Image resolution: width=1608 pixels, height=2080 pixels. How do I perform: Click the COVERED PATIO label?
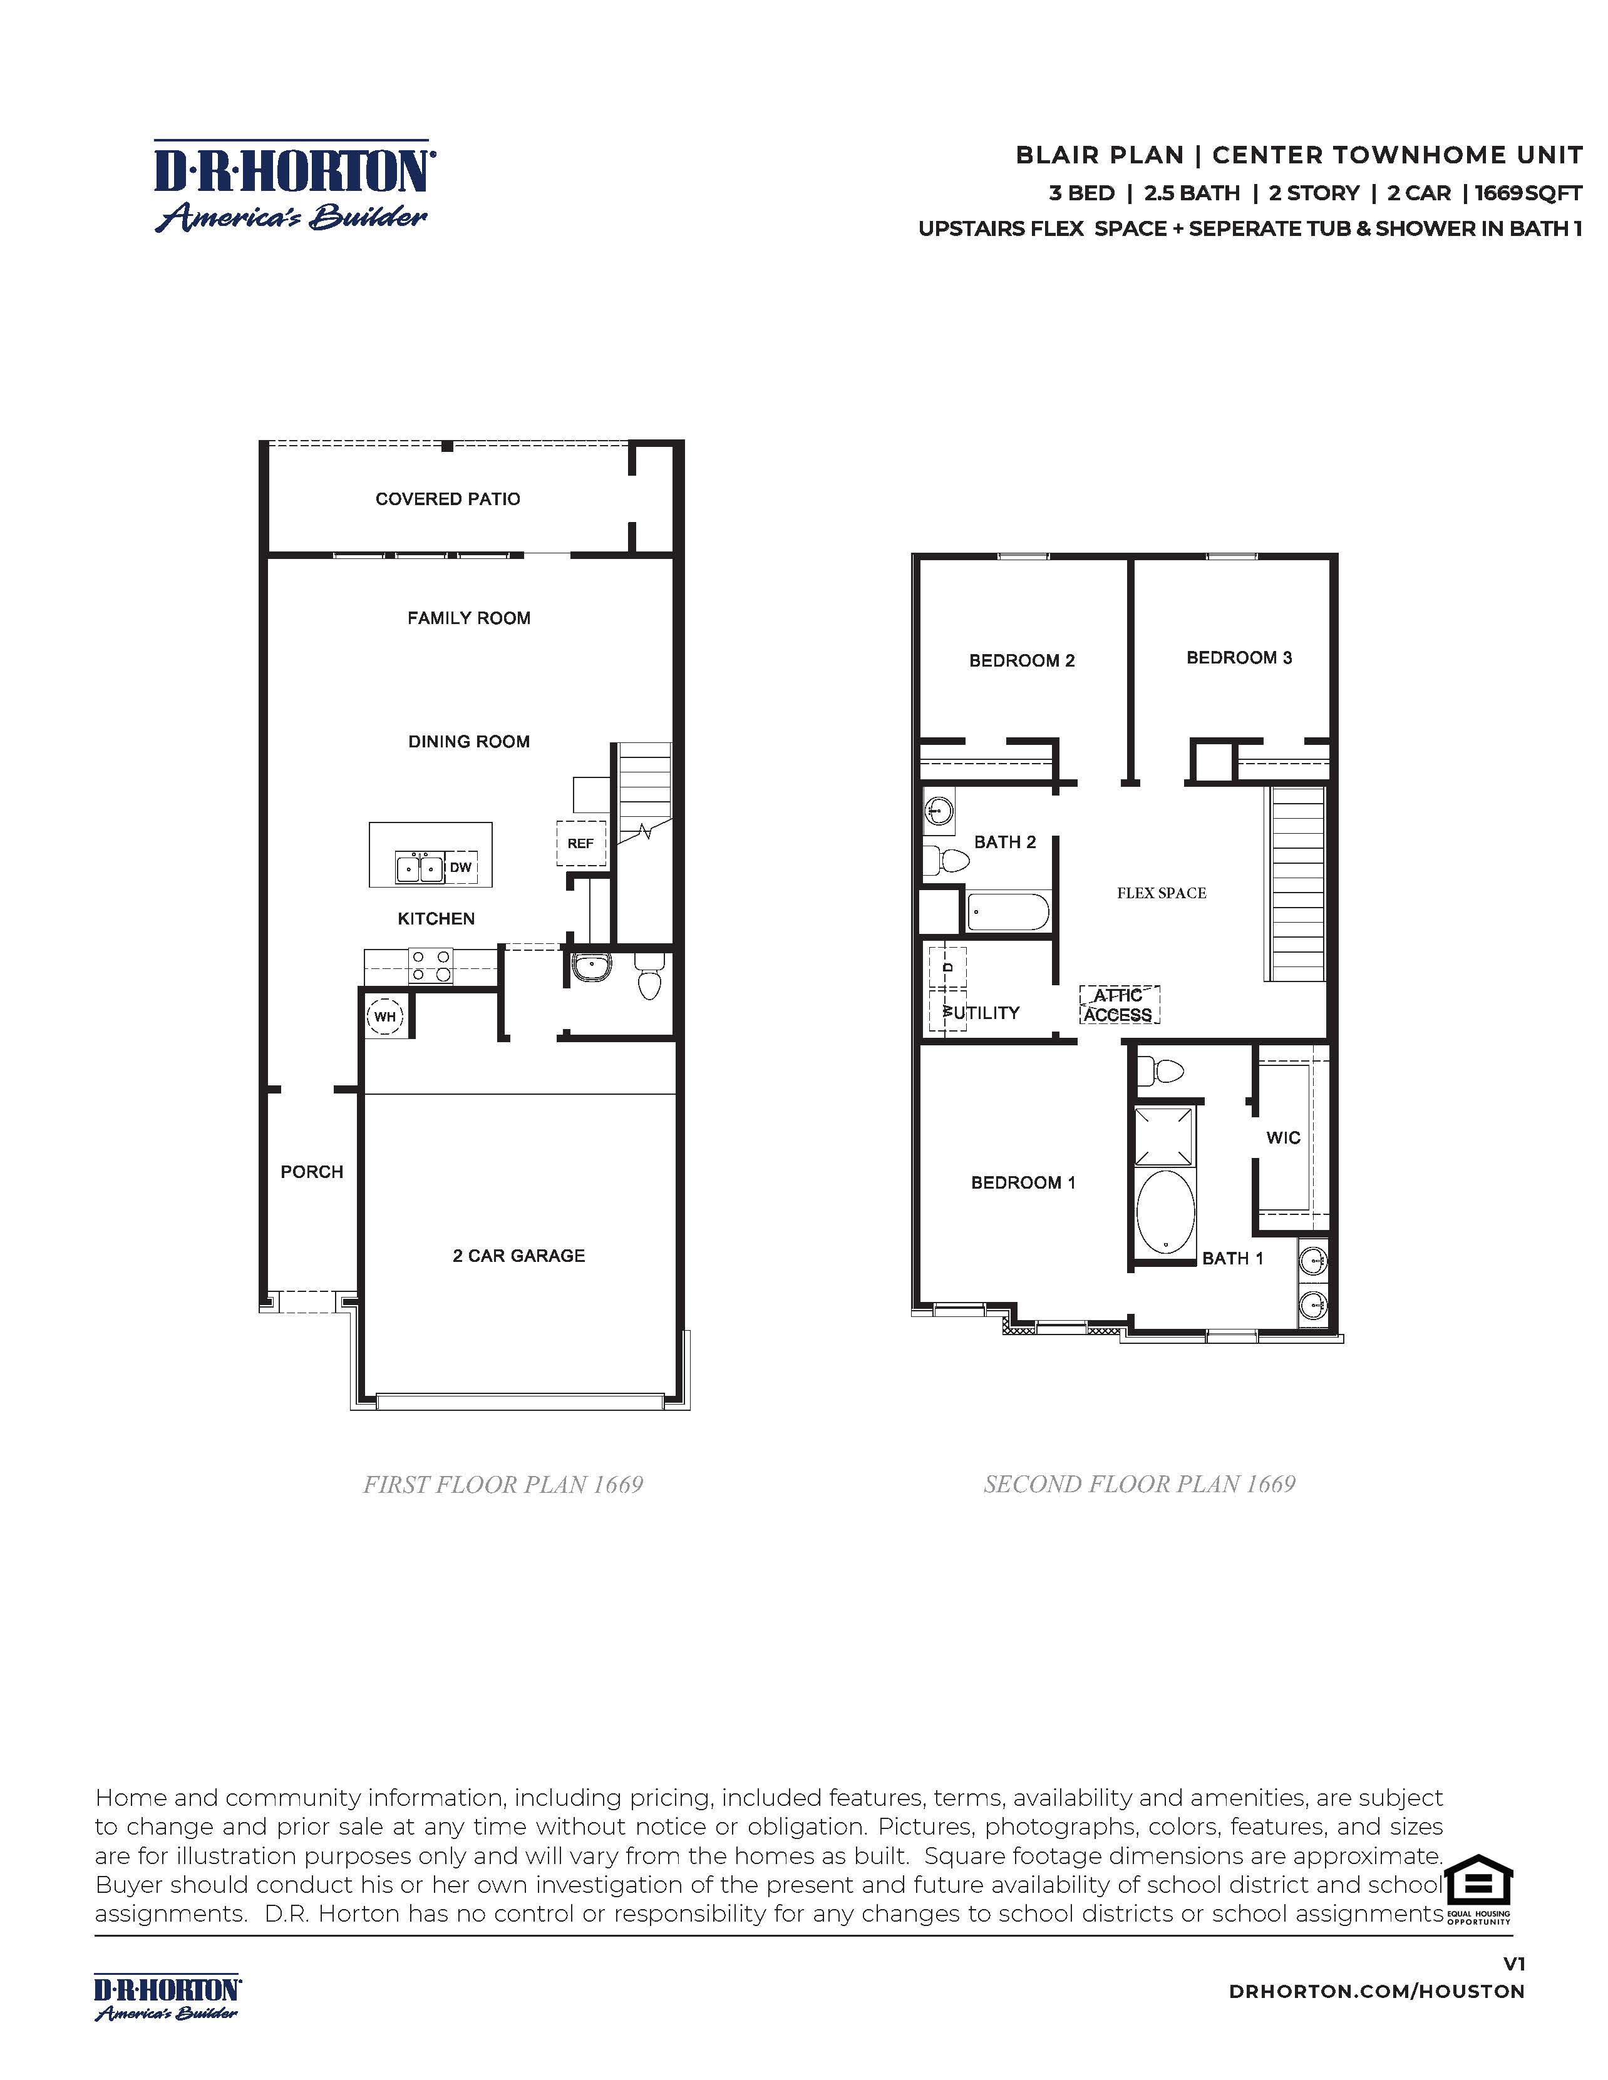448,499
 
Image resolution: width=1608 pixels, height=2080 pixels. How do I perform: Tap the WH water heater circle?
385,1016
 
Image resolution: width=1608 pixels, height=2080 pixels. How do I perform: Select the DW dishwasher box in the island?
460,868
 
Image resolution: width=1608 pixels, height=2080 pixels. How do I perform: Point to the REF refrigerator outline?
580,843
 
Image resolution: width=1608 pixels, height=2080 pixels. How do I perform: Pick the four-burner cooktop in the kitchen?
431,966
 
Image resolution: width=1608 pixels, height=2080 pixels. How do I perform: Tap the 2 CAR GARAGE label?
518,1255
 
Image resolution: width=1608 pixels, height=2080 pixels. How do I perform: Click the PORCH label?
311,1171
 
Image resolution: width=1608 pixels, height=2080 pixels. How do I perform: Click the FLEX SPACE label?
1161,893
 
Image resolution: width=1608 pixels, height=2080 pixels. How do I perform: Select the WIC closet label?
1283,1137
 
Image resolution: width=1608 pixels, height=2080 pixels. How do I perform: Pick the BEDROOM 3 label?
1239,657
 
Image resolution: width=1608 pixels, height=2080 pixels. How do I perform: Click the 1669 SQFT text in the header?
1528,193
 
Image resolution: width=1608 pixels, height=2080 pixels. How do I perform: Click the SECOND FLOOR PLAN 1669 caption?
1140,1484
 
